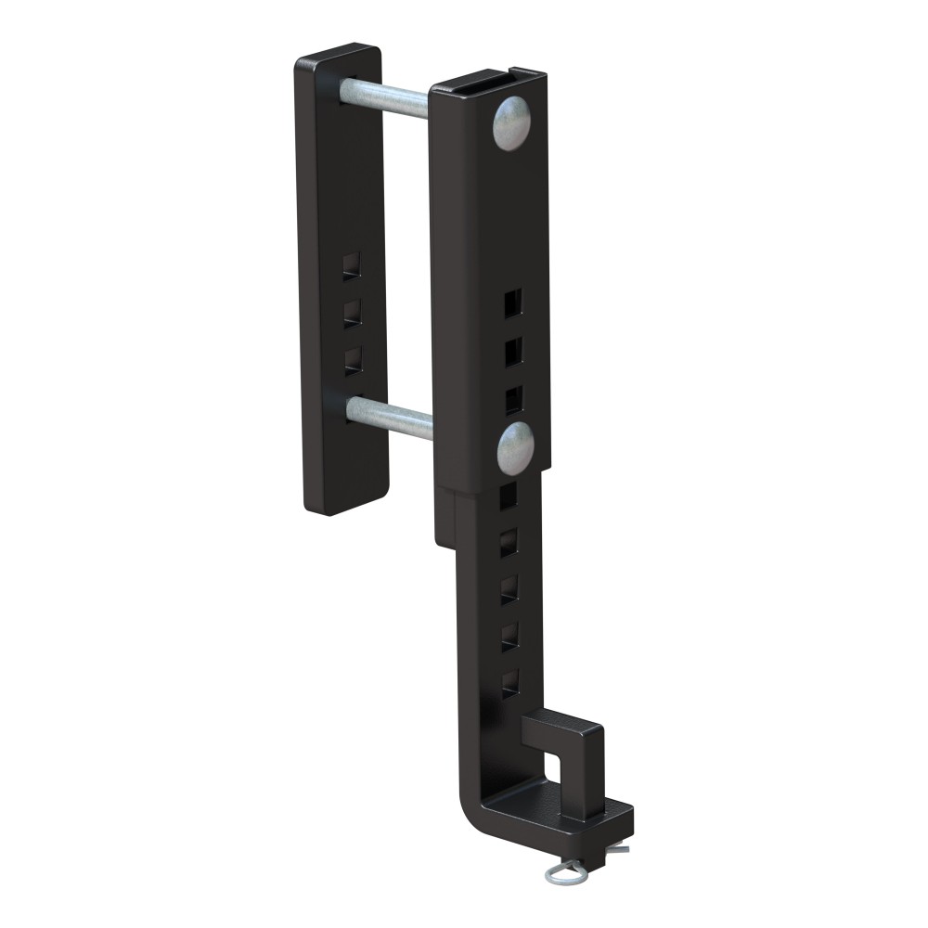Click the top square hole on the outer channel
click(x=512, y=303)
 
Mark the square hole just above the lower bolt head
click(x=513, y=400)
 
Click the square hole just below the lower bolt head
click(x=509, y=496)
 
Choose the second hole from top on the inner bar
click(x=509, y=543)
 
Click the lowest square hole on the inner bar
click(x=509, y=684)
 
